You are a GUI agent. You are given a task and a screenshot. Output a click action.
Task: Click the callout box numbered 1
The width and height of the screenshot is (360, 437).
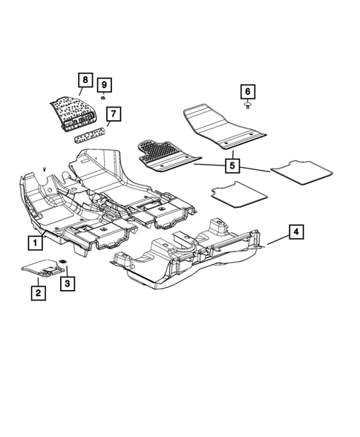click(35, 242)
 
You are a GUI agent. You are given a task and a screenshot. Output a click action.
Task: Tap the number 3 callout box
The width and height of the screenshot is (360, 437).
click(68, 283)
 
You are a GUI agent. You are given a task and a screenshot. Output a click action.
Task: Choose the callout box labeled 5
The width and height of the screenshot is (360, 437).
click(233, 165)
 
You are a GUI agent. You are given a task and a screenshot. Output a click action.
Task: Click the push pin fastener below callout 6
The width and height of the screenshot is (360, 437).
click(246, 108)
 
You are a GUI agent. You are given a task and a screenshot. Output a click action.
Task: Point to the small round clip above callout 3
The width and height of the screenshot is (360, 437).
click(62, 261)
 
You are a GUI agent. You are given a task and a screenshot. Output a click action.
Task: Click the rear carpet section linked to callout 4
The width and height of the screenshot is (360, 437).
click(193, 256)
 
